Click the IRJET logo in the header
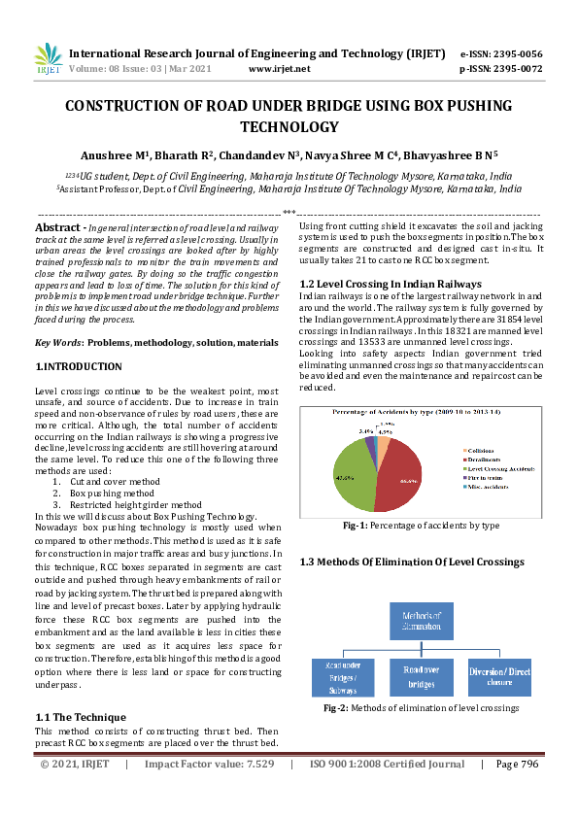click(47, 60)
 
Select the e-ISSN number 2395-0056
click(512, 53)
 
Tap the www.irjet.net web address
click(280, 69)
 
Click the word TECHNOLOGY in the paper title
click(289, 126)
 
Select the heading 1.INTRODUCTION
click(79, 366)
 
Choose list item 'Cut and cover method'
click(115, 481)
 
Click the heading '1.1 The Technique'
click(82, 717)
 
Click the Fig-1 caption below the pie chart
click(421, 526)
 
